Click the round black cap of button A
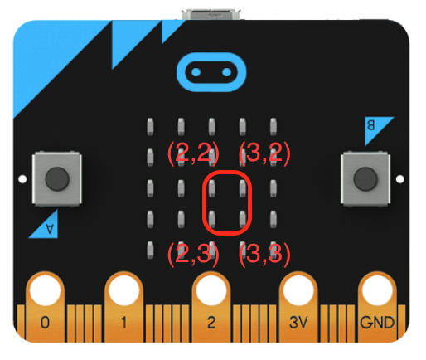coord(57,179)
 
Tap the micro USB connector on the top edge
coord(211,14)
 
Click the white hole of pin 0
coord(45,290)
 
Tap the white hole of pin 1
coord(124,290)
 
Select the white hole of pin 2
coord(211,290)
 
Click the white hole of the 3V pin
coord(298,290)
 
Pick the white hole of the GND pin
coord(377,290)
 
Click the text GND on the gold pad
coord(377,323)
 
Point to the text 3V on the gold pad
coord(298,323)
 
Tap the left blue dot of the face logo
coord(196,72)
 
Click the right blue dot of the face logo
coord(226,72)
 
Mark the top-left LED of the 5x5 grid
coord(150,127)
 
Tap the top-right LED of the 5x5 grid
coord(274,127)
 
